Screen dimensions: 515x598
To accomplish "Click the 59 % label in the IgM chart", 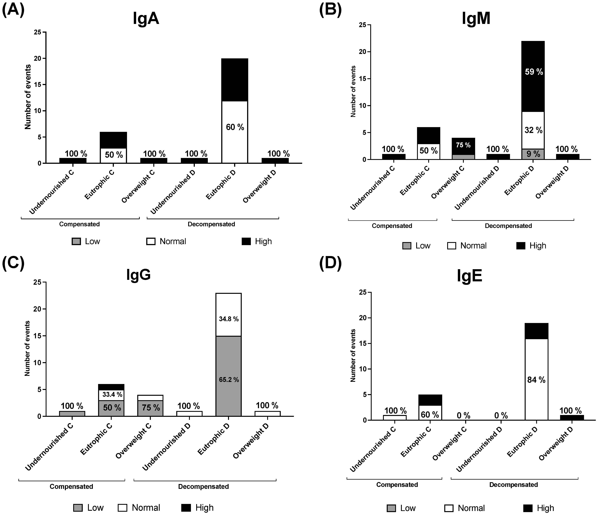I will tap(534, 72).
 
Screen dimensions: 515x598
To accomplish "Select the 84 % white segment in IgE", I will tap(536, 380).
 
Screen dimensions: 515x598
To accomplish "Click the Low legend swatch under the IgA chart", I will tap(76, 242).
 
